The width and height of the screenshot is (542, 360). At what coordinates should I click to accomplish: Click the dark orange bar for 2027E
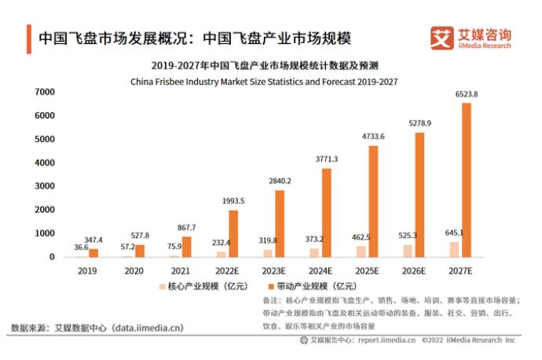(x=467, y=180)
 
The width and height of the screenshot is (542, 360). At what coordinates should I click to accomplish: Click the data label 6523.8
(x=467, y=94)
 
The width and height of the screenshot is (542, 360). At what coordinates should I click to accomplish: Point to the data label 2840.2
(x=280, y=181)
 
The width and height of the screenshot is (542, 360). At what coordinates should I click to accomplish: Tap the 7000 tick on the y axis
(x=44, y=92)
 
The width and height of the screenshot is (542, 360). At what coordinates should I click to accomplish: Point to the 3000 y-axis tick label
(x=44, y=186)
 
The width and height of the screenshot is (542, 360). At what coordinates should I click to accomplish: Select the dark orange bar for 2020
(x=140, y=251)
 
